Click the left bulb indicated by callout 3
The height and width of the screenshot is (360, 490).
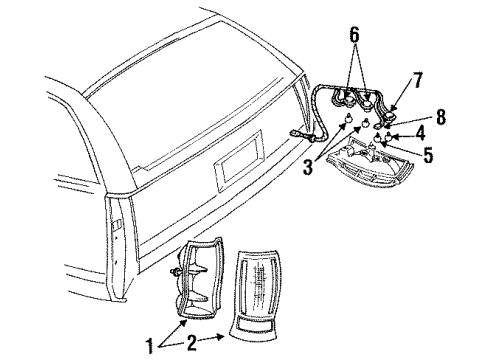[x=347, y=124]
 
